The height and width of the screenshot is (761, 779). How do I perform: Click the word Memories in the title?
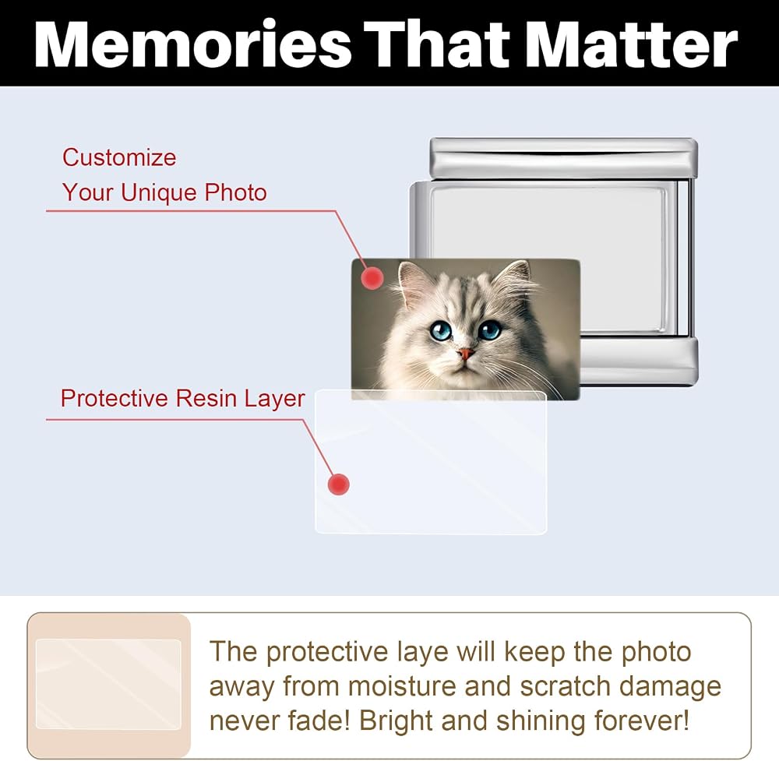[192, 44]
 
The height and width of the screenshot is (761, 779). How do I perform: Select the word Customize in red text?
[119, 157]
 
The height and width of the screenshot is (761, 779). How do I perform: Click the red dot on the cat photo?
[372, 278]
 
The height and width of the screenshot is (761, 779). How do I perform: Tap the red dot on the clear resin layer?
[339, 484]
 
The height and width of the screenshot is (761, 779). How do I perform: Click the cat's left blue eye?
[440, 329]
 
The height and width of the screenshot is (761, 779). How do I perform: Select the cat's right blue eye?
[489, 329]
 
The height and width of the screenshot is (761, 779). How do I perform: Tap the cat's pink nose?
[466, 354]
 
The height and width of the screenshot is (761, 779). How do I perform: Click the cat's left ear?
[411, 284]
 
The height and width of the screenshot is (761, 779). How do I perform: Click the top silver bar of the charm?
[564, 158]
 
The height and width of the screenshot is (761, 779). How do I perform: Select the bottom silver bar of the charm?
[639, 360]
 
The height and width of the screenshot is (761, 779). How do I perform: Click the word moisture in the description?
[401, 686]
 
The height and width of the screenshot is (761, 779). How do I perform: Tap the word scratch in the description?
[564, 686]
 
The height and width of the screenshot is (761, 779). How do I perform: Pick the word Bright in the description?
[396, 721]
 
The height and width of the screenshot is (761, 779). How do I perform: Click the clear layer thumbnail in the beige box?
[108, 684]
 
